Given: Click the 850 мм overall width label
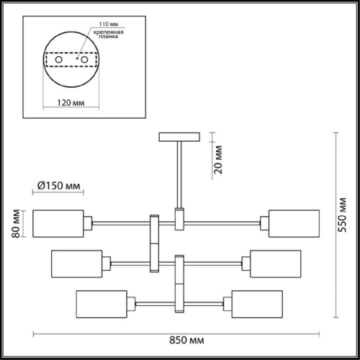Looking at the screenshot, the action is coord(186,340).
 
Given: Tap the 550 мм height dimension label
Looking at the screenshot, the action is coord(342,215).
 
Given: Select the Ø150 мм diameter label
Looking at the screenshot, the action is coord(59,186).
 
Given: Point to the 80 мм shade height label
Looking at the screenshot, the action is coord(16,224).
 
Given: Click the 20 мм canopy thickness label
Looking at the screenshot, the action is coord(218,160).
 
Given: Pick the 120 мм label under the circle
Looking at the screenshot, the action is coord(71,103).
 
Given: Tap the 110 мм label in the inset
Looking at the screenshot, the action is coord(109,24).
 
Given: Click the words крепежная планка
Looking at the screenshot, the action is coord(109,35).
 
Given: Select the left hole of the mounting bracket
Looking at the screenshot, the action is coord(59,60).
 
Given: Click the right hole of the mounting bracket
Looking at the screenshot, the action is coord(84,60).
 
